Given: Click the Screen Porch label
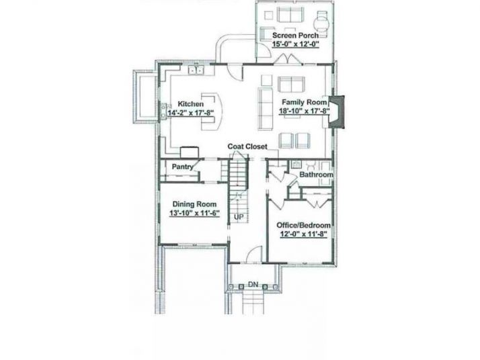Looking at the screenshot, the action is pyautogui.click(x=295, y=36).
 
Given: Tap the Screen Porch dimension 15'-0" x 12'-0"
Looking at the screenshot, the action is pyautogui.click(x=296, y=44).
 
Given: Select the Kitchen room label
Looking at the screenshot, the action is pyautogui.click(x=190, y=104).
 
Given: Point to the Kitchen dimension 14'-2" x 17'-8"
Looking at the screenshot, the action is pyautogui.click(x=190, y=113).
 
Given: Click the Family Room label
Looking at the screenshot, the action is pyautogui.click(x=305, y=102).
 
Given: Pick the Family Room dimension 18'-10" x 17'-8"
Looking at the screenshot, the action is pyautogui.click(x=305, y=111).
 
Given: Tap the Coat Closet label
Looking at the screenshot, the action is pyautogui.click(x=247, y=147).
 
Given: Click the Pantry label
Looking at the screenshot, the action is pyautogui.click(x=182, y=167).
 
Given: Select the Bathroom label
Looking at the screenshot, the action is pyautogui.click(x=316, y=175).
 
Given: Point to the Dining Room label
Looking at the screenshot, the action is pyautogui.click(x=194, y=204).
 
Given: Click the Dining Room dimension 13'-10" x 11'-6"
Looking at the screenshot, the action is pyautogui.click(x=195, y=213).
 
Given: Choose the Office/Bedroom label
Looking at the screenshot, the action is pyautogui.click(x=304, y=226).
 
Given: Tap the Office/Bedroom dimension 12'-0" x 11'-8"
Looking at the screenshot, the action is pyautogui.click(x=304, y=234).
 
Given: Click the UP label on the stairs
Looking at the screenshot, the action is pyautogui.click(x=239, y=217).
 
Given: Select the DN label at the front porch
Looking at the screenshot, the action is pyautogui.click(x=253, y=285).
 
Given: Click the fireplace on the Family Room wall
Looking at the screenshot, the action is pyautogui.click(x=337, y=111).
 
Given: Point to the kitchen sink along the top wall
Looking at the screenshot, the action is pyautogui.click(x=196, y=70).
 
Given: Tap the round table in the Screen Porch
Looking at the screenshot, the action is pyautogui.click(x=322, y=22).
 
